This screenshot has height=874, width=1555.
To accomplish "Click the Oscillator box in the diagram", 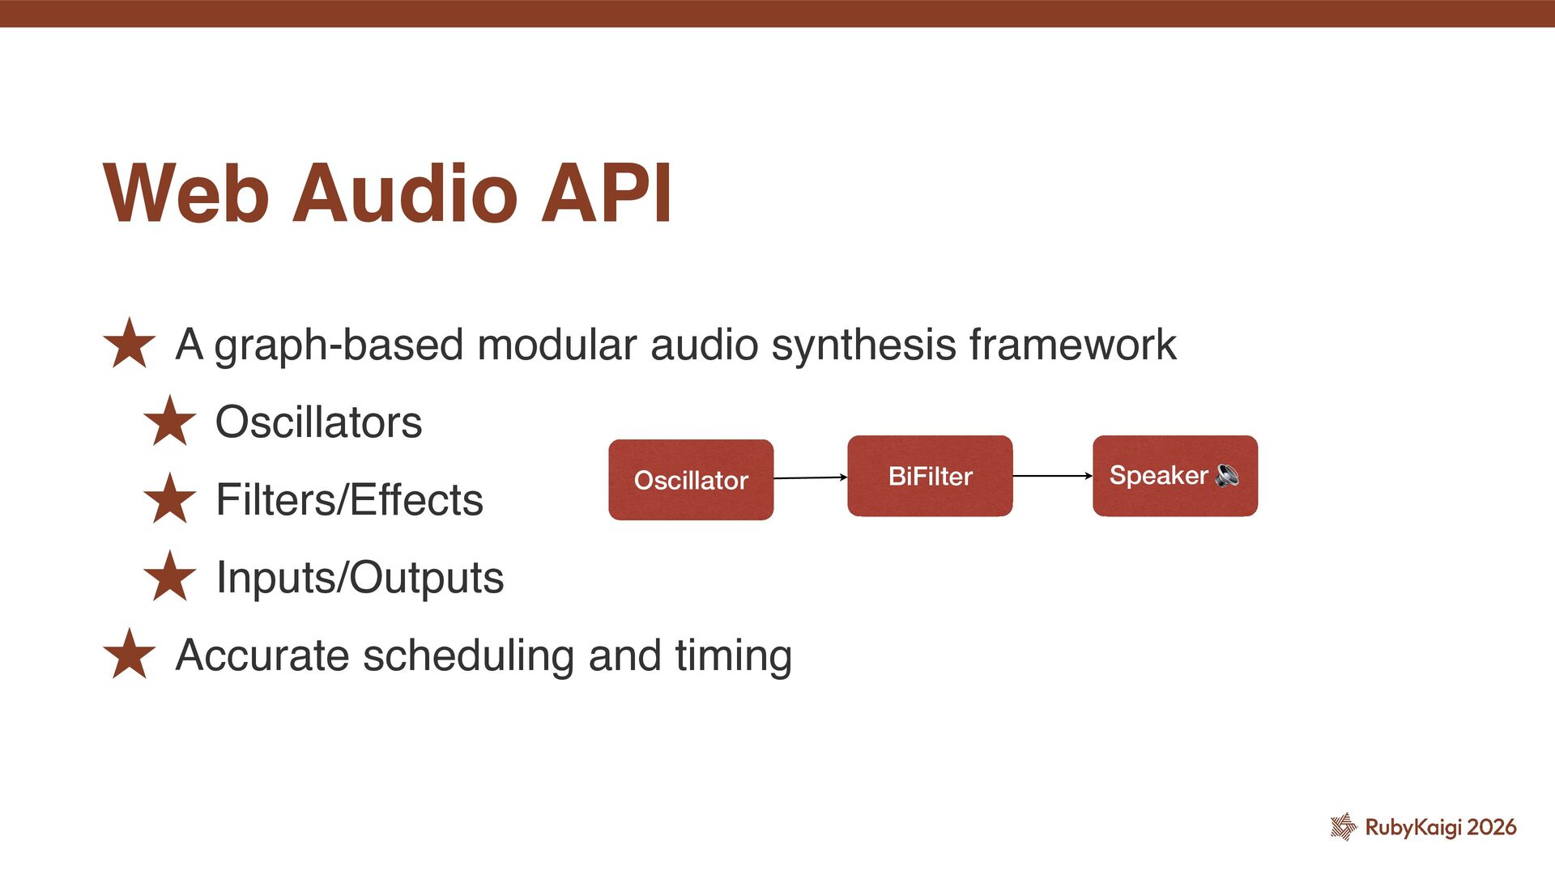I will [691, 480].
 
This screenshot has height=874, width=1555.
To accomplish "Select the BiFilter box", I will [930, 476].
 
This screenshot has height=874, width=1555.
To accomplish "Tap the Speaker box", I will [1174, 476].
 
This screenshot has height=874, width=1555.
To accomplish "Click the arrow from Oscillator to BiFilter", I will [810, 477].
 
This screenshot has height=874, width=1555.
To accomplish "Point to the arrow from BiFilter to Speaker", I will [1052, 476].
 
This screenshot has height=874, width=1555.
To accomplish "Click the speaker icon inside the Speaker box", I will [1227, 476].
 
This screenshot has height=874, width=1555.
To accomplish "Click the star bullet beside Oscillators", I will [170, 421].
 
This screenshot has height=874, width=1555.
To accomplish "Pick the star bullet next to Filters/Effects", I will [170, 499].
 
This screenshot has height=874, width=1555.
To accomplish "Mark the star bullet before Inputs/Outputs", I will [170, 576].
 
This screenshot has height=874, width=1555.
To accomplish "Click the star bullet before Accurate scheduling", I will [130, 654].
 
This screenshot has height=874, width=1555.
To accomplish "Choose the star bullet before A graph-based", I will [130, 343].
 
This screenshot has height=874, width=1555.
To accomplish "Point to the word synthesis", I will [863, 346].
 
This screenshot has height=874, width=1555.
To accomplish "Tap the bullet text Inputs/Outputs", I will [360, 579].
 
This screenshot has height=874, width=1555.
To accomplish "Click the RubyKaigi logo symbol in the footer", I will [1344, 826].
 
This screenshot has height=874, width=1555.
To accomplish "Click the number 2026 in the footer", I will [1492, 827].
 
